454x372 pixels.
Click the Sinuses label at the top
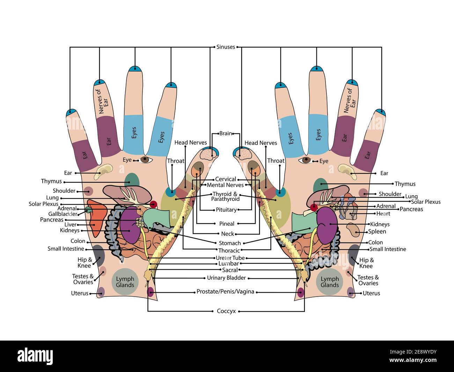pyautogui.click(x=226, y=47)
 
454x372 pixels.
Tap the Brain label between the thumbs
pyautogui.click(x=226, y=133)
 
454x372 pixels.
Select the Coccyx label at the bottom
pyautogui.click(x=226, y=311)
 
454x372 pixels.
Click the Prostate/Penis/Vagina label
pyautogui.click(x=225, y=292)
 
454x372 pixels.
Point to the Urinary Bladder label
pyautogui.click(x=226, y=278)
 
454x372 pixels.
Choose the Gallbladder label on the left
pyautogui.click(x=63, y=214)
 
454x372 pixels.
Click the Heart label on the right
pyautogui.click(x=383, y=213)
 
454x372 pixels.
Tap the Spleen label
pyautogui.click(x=377, y=231)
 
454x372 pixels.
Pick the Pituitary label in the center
pyautogui.click(x=226, y=210)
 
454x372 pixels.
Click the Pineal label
pyautogui.click(x=227, y=224)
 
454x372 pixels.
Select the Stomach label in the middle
pyautogui.click(x=230, y=243)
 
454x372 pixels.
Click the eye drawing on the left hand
pyautogui.click(x=146, y=160)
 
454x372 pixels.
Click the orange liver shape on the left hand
pyautogui.click(x=96, y=218)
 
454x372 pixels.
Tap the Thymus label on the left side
pyautogui.click(x=51, y=181)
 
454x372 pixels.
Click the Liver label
pyautogui.click(x=70, y=225)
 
